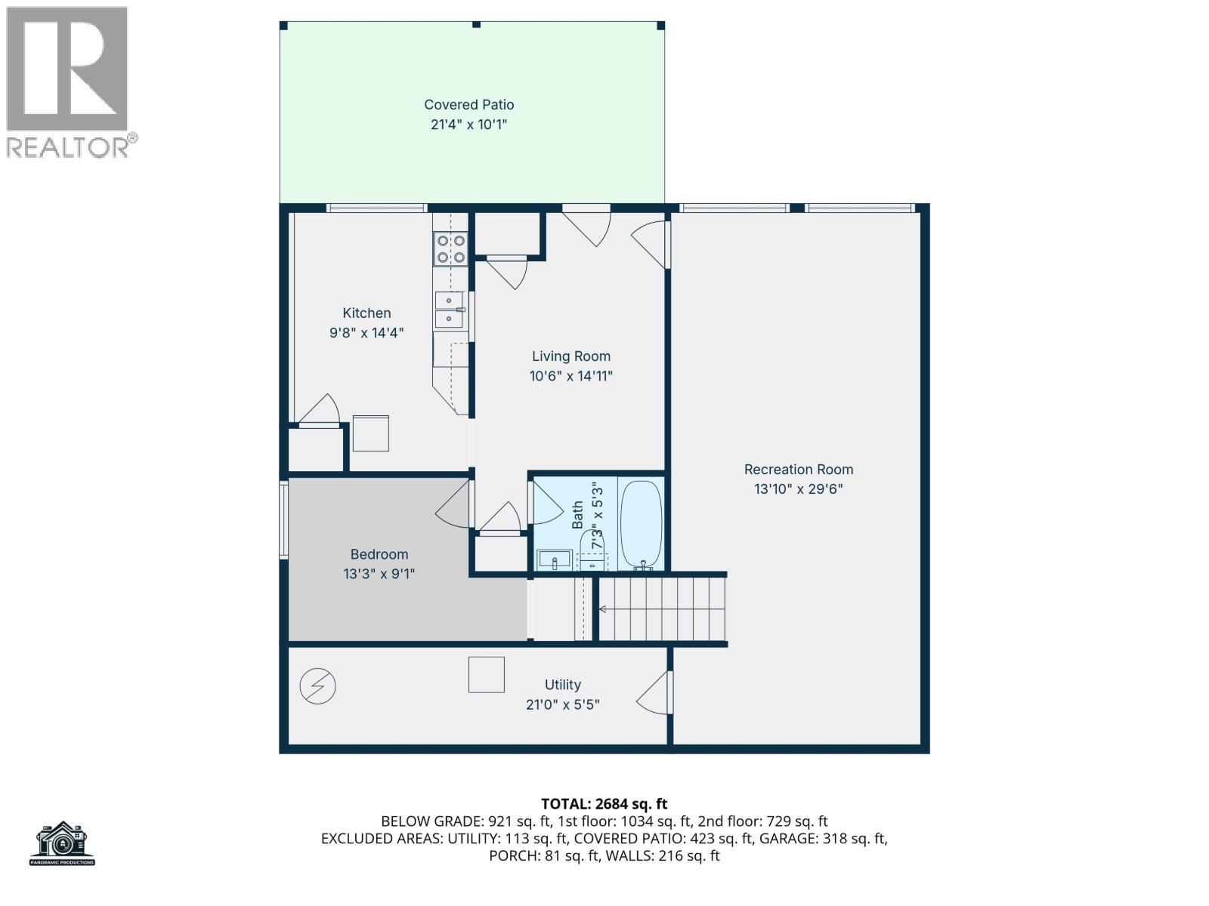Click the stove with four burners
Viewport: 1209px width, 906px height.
tap(450, 249)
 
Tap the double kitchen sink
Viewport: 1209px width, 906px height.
tap(449, 310)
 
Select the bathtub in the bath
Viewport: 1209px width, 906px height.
tap(641, 524)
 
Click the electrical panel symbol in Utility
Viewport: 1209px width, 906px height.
tap(317, 686)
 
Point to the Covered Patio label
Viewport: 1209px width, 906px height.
tap(468, 105)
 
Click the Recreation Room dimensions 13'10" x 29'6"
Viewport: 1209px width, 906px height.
tap(798, 488)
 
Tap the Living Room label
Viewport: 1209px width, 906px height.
tap(570, 356)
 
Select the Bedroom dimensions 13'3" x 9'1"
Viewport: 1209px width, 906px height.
tap(379, 574)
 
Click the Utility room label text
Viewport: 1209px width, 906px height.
tap(562, 685)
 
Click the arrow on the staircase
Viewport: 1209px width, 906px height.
tap(603, 609)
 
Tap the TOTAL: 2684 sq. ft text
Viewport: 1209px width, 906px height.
tap(604, 804)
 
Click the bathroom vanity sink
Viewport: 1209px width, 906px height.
tap(555, 561)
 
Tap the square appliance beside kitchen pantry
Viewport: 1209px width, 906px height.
tap(370, 433)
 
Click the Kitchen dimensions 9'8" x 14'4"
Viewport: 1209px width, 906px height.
tap(366, 332)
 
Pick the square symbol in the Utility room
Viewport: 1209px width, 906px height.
tap(486, 674)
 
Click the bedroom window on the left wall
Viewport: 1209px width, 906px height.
tap(284, 520)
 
